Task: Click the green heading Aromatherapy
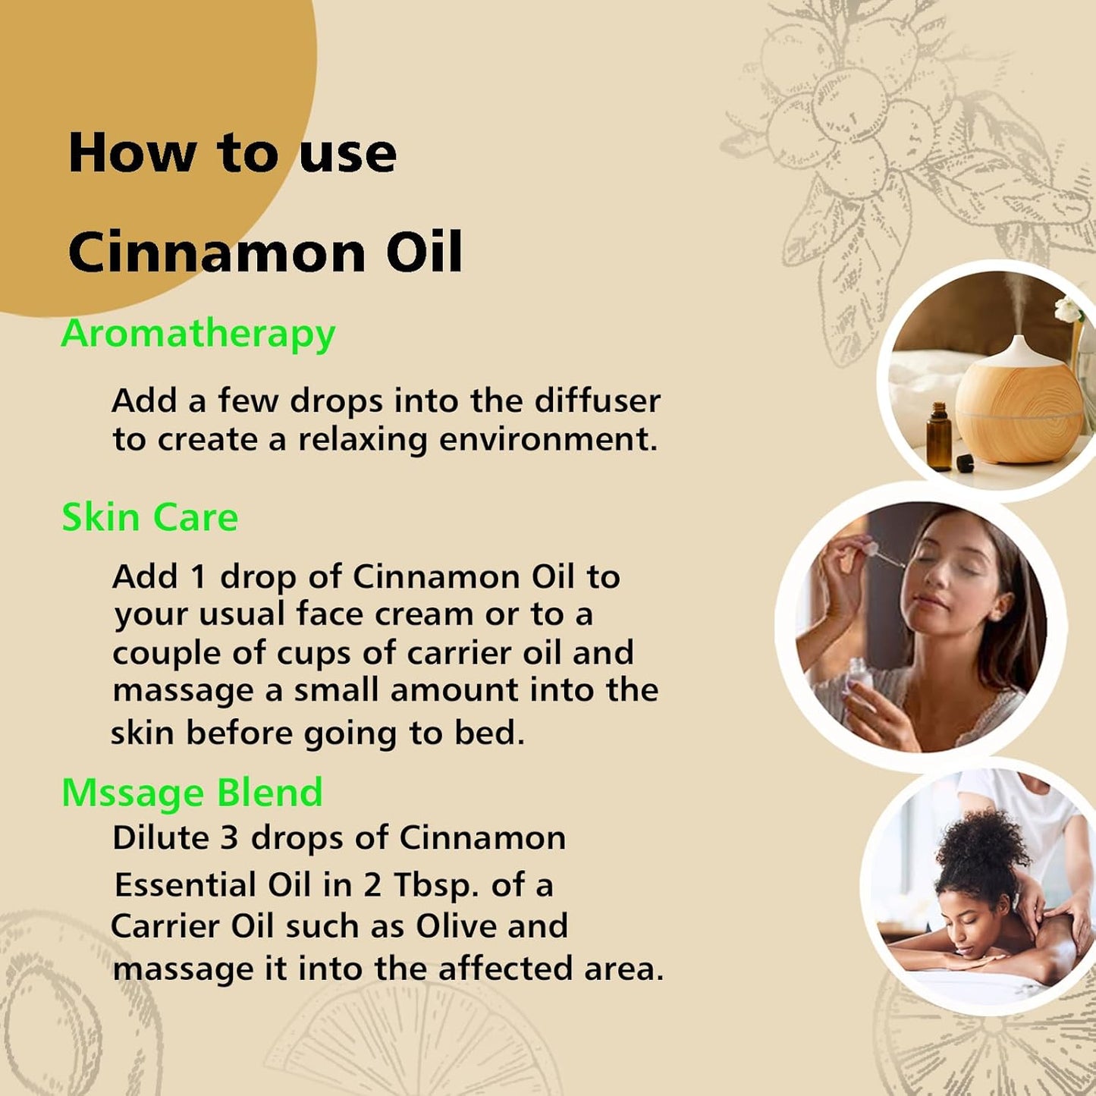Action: coord(198,334)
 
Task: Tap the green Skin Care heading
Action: coord(149,518)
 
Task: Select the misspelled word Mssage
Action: coord(133,793)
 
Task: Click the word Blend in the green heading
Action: coord(269,793)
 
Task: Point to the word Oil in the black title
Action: coord(424,253)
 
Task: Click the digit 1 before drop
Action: coord(198,577)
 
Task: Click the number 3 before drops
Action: coord(229,839)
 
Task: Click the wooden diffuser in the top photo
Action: coord(1019,398)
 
